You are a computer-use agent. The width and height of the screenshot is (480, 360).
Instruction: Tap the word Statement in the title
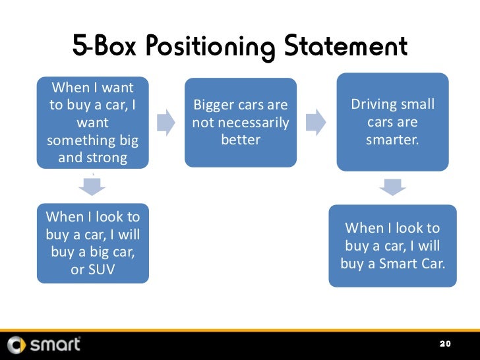[346, 47]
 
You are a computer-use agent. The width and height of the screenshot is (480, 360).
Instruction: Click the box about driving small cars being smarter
[392, 122]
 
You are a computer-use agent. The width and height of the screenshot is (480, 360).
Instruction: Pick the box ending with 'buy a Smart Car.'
[392, 246]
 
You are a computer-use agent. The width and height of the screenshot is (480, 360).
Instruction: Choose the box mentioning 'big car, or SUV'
[92, 244]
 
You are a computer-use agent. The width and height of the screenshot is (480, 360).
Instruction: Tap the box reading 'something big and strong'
[92, 123]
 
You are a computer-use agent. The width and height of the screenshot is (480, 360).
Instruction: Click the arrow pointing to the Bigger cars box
[166, 121]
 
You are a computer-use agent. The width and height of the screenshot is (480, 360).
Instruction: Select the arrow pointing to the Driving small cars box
[318, 121]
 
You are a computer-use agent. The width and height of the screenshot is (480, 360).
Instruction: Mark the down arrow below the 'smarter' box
[393, 187]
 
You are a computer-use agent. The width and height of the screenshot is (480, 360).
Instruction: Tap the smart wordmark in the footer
[55, 344]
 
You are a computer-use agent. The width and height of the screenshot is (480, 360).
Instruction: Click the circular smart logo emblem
[17, 344]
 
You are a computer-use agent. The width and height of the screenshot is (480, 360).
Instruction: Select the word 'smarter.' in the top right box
[393, 140]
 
